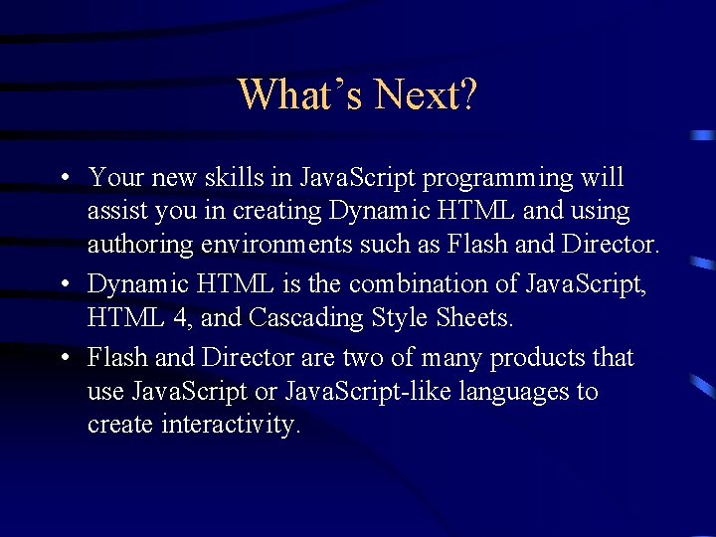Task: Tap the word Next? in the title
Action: coord(427,95)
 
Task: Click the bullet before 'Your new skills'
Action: coord(63,179)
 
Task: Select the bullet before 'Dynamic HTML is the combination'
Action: coord(63,284)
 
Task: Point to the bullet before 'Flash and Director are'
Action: coord(63,357)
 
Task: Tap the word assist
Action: coord(112,212)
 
